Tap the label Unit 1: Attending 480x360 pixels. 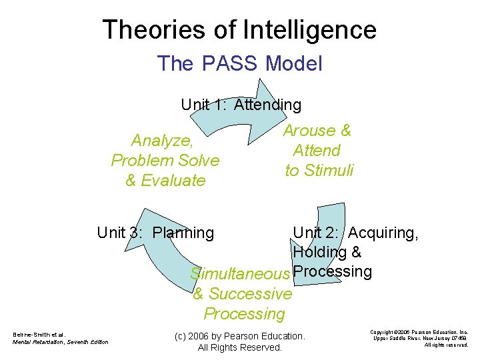[x=241, y=105]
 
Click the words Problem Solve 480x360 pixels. [x=165, y=161]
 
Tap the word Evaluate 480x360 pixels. [x=174, y=181]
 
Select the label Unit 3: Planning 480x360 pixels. [x=155, y=233]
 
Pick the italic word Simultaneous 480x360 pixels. [x=239, y=274]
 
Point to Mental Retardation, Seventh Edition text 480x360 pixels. [x=60, y=343]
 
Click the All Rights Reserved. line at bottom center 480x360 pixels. [x=240, y=347]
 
